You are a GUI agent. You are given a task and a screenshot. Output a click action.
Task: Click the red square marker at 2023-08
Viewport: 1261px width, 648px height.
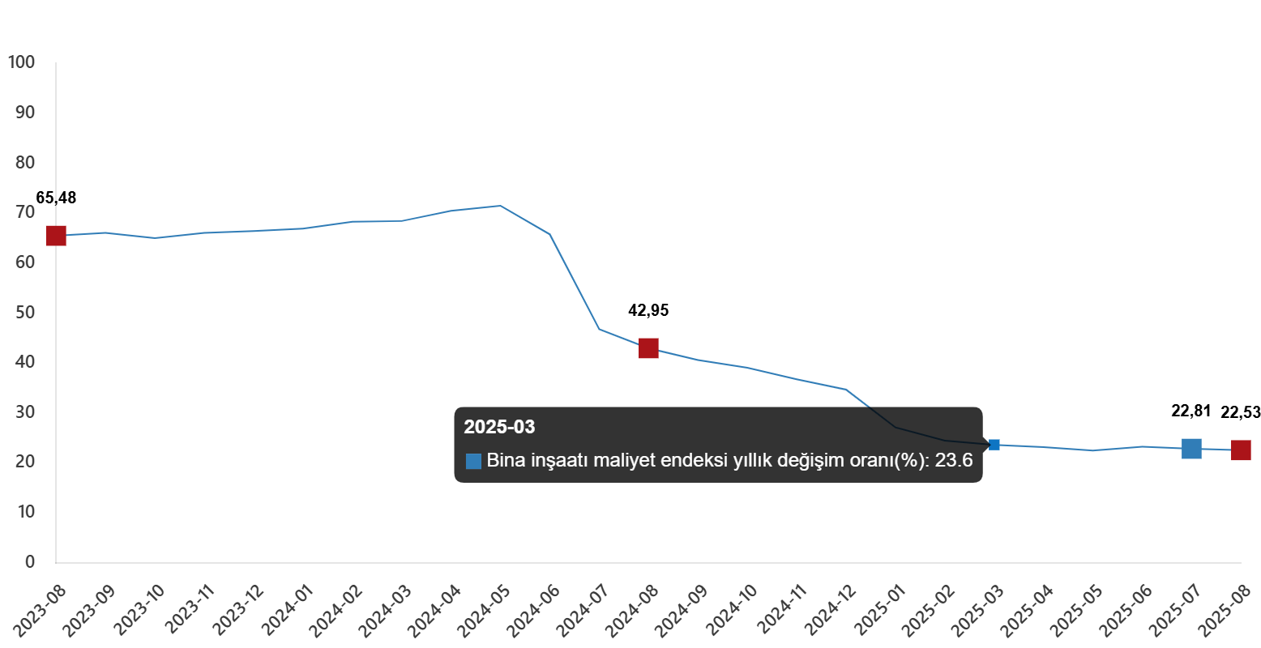(55, 236)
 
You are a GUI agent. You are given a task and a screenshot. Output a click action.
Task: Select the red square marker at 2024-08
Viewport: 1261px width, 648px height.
(648, 348)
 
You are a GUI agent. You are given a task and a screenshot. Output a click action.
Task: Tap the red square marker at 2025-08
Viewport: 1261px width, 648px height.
(1241, 450)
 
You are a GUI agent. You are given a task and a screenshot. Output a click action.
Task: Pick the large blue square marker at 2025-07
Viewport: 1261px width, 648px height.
(1191, 448)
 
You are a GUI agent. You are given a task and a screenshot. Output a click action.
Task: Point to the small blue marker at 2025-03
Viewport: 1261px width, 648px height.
(994, 445)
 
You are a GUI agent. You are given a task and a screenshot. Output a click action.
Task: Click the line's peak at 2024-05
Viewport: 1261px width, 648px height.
(500, 206)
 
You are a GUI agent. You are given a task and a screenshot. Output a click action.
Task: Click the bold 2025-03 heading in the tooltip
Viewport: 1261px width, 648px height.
(499, 427)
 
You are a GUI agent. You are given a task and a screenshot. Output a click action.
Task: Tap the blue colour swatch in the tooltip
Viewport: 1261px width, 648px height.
(473, 462)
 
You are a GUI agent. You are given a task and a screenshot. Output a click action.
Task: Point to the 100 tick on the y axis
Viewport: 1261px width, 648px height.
(21, 62)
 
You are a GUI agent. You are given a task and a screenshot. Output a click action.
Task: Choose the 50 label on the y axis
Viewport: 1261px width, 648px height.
(25, 312)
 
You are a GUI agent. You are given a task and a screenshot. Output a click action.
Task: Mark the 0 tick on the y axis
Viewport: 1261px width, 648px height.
(30, 561)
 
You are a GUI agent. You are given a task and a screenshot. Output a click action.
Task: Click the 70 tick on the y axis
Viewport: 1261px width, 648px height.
(25, 211)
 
